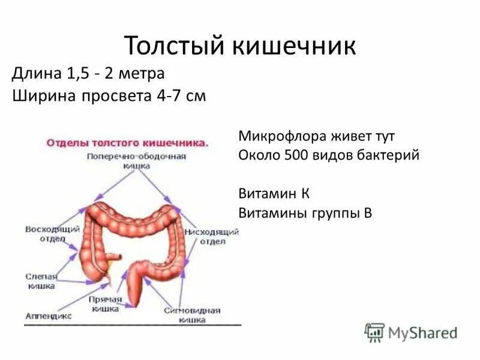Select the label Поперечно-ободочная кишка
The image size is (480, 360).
pyautogui.click(x=136, y=160)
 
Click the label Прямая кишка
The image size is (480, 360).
pyautogui.click(x=107, y=304)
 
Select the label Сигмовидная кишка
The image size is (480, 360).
pyautogui.click(x=193, y=315)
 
